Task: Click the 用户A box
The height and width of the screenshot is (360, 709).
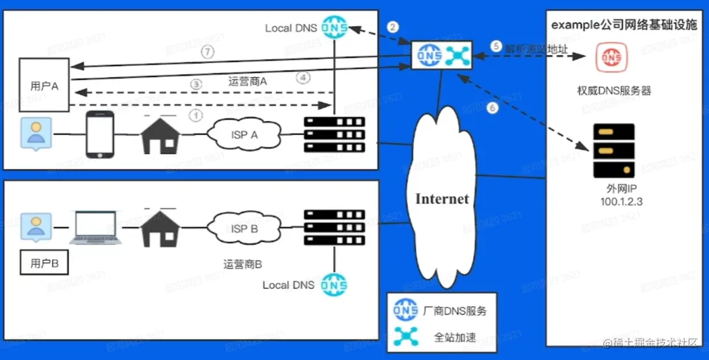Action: [45, 85]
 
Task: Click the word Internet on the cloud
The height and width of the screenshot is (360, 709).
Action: [442, 198]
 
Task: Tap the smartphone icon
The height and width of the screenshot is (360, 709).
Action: [100, 135]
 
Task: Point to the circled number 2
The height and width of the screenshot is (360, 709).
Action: [392, 27]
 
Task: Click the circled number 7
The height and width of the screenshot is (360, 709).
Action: [207, 52]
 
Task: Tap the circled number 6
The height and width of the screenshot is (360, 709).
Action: [491, 108]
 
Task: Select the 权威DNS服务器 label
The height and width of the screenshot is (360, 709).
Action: [614, 91]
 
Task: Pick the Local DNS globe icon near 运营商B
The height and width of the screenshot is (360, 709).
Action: [333, 285]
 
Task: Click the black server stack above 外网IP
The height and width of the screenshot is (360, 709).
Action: [614, 151]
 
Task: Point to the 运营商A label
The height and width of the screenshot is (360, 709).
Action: [248, 82]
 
